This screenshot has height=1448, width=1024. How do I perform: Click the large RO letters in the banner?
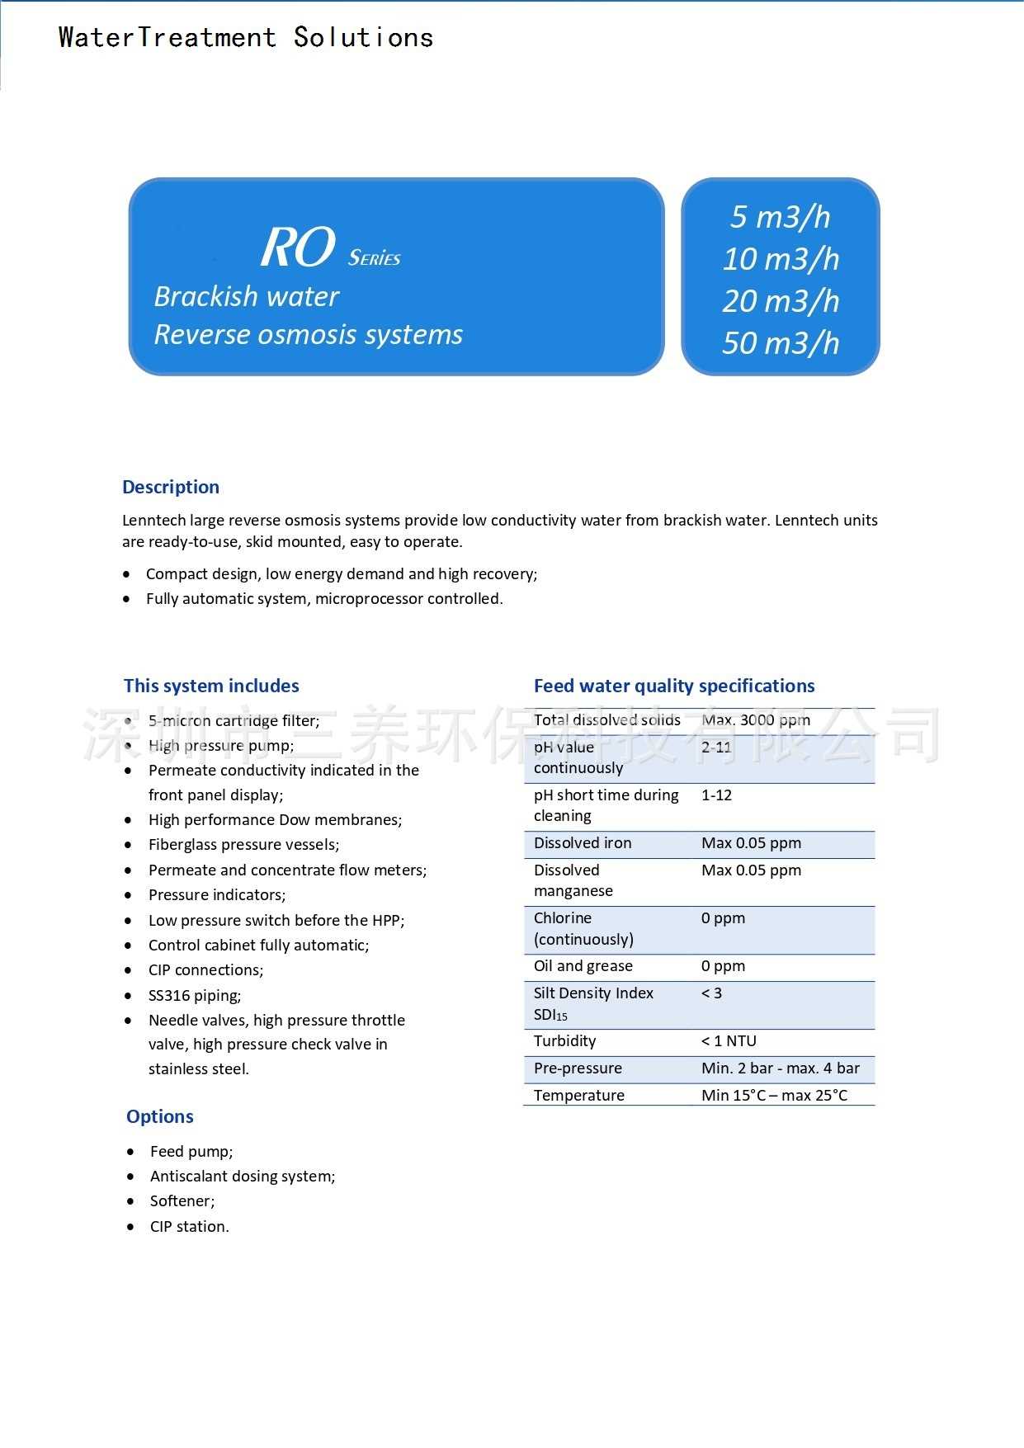tap(298, 247)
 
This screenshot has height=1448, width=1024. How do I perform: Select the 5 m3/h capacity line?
tap(780, 217)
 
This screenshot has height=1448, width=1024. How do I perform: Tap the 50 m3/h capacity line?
tap(780, 343)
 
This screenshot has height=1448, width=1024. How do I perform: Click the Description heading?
tap(171, 487)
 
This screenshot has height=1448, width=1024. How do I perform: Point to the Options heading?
tap(160, 1116)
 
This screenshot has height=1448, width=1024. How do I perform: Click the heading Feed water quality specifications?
tap(674, 686)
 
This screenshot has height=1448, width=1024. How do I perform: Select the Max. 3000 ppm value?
tap(756, 720)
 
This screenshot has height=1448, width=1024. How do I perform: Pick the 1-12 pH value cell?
tap(716, 795)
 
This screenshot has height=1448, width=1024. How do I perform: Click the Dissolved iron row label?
tap(583, 843)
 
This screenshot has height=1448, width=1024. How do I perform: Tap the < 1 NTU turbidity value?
tap(729, 1041)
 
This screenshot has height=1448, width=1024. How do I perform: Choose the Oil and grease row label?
tap(583, 966)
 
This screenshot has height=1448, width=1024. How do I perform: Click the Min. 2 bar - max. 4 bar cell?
tap(780, 1068)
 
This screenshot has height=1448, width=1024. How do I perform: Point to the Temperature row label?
tap(579, 1096)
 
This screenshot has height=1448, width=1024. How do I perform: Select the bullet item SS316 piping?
tap(195, 996)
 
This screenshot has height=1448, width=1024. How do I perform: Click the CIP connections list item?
tap(206, 970)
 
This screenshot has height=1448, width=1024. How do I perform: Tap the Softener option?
tap(182, 1201)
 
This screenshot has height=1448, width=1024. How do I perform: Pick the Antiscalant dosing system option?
tap(243, 1177)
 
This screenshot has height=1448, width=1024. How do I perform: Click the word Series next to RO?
tap(374, 258)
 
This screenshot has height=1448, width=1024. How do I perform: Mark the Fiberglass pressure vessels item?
tap(243, 845)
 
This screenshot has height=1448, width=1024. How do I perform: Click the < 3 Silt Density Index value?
tap(711, 993)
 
